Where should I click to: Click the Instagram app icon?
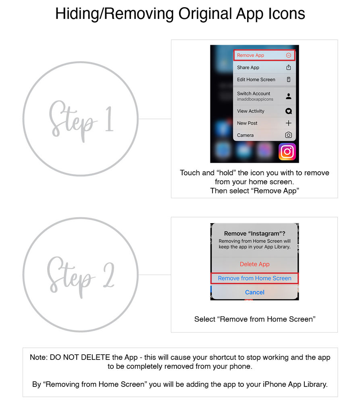coord(287,152)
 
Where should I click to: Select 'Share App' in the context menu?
coord(248,68)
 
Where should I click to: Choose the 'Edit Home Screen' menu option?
coord(256,80)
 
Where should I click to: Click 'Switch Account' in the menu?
coord(254,93)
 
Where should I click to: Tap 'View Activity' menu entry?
coord(251,111)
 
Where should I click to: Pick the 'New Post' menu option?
coord(247,123)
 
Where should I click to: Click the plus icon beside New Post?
coord(288,123)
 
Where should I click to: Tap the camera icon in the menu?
coord(288,135)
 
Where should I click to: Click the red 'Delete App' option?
coord(254,264)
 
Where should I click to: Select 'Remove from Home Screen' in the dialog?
coord(254,278)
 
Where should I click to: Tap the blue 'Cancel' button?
coord(254,292)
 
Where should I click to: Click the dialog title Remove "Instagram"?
coord(254,233)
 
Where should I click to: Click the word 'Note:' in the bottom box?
coord(39,357)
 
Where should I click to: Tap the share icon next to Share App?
coord(288,68)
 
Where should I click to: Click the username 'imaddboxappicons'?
coord(255,99)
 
